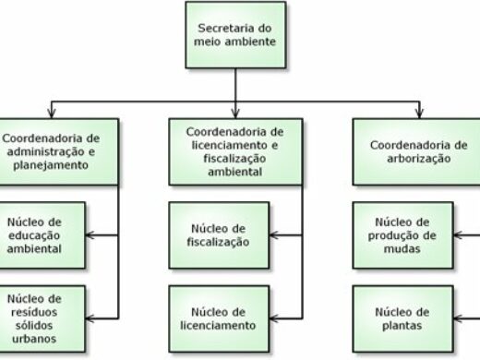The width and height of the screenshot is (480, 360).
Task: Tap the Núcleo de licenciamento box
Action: click(x=219, y=318)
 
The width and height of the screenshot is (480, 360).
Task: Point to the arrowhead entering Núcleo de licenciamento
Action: click(x=273, y=318)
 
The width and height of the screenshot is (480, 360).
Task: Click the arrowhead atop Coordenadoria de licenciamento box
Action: click(x=236, y=111)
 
